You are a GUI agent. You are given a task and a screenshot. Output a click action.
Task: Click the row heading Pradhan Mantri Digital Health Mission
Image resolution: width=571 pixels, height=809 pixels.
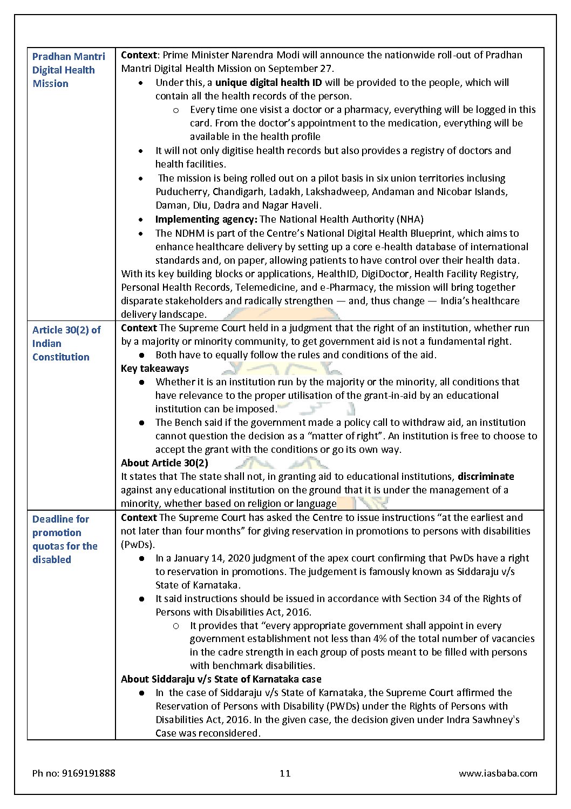click(69, 70)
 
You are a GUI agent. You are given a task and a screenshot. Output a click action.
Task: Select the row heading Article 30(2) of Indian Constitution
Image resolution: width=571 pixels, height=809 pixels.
click(66, 343)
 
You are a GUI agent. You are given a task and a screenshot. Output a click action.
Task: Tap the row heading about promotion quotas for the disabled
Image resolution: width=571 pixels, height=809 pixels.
click(65, 539)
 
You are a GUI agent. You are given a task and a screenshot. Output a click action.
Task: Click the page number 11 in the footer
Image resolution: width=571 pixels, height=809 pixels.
click(285, 773)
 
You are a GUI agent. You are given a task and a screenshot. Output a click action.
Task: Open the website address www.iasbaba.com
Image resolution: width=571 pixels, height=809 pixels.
click(498, 773)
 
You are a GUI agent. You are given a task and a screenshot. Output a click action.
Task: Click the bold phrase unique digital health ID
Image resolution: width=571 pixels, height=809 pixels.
click(268, 83)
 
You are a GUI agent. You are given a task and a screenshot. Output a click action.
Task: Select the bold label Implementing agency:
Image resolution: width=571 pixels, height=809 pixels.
click(206, 219)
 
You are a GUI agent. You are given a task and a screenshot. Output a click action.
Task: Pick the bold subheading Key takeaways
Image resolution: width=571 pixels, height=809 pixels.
click(155, 369)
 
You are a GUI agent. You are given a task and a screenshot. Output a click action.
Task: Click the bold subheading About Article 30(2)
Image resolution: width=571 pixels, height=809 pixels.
click(165, 463)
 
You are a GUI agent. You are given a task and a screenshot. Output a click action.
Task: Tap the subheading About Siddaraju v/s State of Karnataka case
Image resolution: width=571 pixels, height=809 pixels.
click(221, 679)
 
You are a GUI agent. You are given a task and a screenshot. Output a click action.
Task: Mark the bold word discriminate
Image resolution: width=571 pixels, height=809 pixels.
click(486, 477)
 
